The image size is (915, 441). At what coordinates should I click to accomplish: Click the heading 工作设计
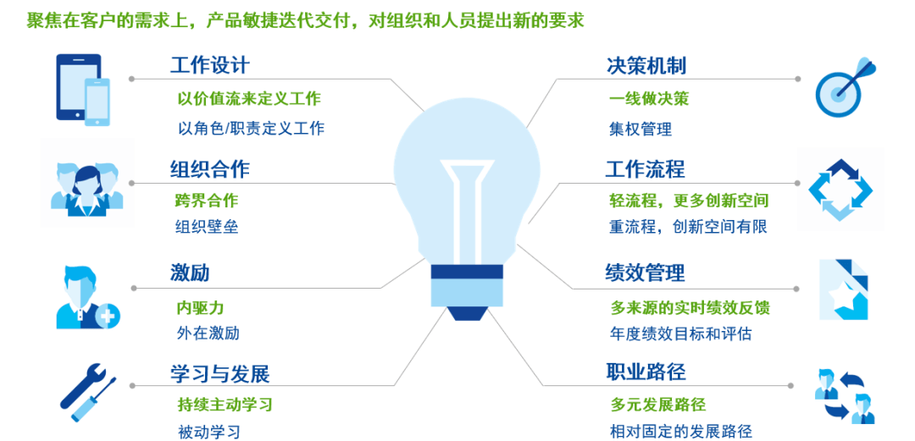tap(210, 64)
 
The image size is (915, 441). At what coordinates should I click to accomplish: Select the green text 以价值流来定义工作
tap(249, 98)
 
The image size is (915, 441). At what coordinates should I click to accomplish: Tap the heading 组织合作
tap(210, 169)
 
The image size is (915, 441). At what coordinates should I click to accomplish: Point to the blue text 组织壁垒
tap(208, 226)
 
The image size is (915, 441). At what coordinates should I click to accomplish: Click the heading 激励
tap(190, 273)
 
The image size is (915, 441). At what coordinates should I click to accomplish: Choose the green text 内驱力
tap(200, 307)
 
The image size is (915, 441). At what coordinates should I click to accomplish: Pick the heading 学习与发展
tap(220, 373)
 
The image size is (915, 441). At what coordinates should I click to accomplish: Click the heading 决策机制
tap(646, 65)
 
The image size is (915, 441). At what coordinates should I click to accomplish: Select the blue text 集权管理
tap(640, 129)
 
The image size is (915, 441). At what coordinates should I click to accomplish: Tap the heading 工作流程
tap(645, 169)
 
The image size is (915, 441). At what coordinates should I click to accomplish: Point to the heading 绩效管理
tap(645, 273)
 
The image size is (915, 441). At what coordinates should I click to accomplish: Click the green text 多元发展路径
tap(658, 404)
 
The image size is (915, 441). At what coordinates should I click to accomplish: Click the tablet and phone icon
tap(83, 90)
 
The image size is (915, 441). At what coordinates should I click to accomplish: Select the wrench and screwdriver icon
tap(88, 392)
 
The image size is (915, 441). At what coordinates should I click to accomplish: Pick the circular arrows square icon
tap(840, 190)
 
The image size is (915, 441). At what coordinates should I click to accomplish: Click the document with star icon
tap(844, 290)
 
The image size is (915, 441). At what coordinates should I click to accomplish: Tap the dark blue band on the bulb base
tap(467, 272)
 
